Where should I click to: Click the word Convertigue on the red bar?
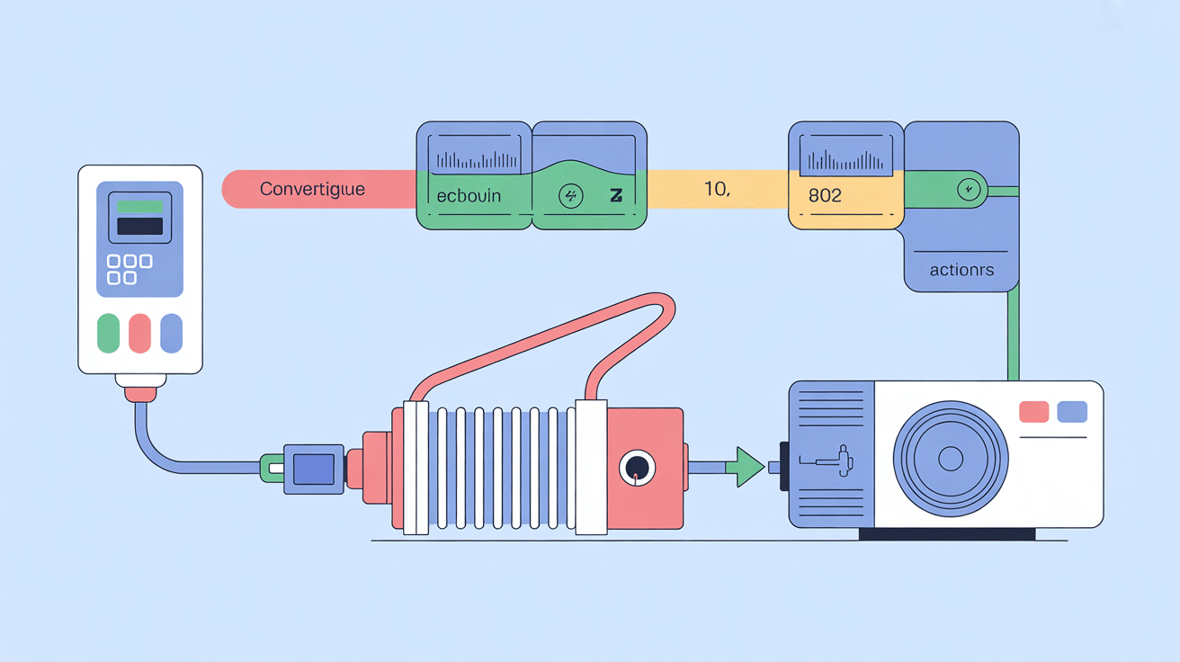pyautogui.click(x=311, y=190)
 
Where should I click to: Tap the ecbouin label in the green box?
pyautogui.click(x=469, y=195)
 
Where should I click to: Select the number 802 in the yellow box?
pyautogui.click(x=825, y=195)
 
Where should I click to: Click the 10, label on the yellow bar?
pyautogui.click(x=716, y=190)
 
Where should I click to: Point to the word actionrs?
pyautogui.click(x=962, y=270)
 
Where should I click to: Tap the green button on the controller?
pyautogui.click(x=108, y=333)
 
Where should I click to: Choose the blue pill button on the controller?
pyautogui.click(x=171, y=333)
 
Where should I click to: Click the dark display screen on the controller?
pyautogui.click(x=139, y=226)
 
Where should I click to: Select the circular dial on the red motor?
pyautogui.click(x=637, y=467)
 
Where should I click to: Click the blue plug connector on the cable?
pyautogui.click(x=314, y=469)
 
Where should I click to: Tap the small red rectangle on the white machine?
pyautogui.click(x=1033, y=412)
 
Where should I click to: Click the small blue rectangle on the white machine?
pyautogui.click(x=1072, y=412)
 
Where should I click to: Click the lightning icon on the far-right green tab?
pyautogui.click(x=969, y=190)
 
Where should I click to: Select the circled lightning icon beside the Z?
pyautogui.click(x=571, y=196)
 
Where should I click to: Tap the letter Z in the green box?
pyautogui.click(x=616, y=196)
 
